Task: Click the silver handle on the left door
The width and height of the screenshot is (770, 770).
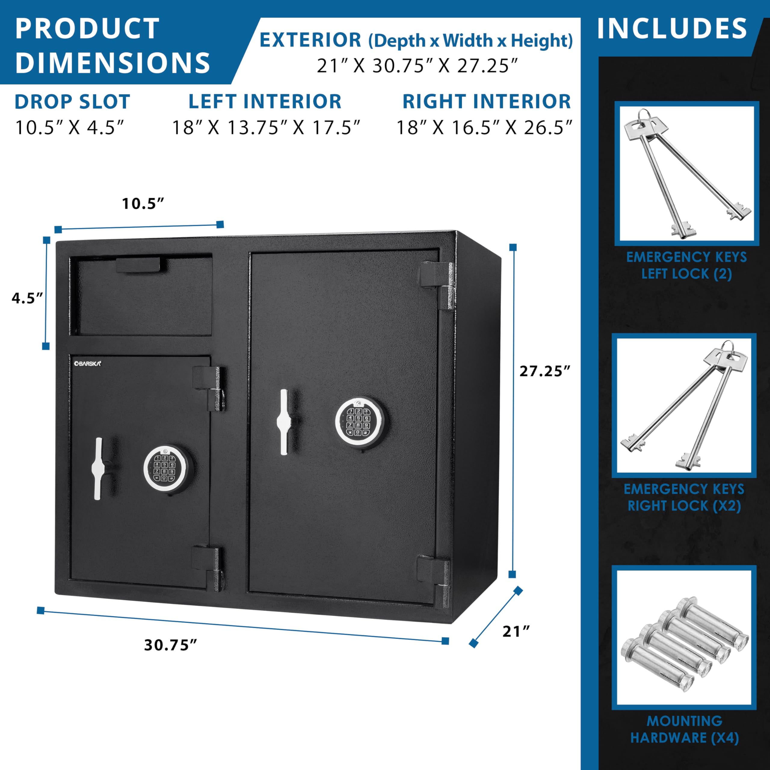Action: coord(98,469)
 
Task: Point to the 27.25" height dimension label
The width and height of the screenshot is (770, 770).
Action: coord(545,371)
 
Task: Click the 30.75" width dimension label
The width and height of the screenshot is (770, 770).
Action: coord(171,645)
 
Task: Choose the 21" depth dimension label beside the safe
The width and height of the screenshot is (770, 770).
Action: coord(516,631)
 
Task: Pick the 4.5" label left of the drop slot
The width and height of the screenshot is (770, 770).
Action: coord(27,298)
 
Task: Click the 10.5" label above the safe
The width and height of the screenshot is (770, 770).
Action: coord(143,203)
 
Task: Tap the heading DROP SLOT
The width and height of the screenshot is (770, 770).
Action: coord(72,102)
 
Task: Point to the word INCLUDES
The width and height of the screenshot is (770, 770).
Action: coord(672,28)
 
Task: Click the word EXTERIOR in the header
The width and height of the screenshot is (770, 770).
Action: coord(310,40)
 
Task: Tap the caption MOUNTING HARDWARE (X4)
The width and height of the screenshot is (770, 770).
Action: coord(684,729)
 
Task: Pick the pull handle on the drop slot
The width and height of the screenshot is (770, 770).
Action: coord(138,265)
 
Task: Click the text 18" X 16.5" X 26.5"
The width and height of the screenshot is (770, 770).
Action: coord(484,128)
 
